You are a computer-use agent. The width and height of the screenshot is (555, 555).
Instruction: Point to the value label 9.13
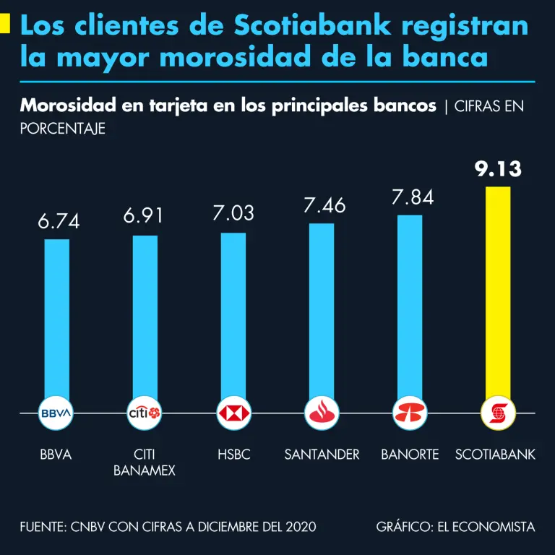pos(498,169)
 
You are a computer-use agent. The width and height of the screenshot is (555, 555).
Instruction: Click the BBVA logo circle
pos(56,413)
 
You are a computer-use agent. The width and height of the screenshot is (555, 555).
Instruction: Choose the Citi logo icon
pos(145,413)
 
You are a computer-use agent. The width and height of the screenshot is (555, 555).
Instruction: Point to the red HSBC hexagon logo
pos(233,413)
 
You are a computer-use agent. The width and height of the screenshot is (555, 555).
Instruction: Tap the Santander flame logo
pos(322,413)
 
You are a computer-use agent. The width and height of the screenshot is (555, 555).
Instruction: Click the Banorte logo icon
pos(410,413)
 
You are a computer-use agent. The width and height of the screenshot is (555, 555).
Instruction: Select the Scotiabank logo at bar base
pos(498,413)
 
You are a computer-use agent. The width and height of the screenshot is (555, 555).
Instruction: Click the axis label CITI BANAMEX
pos(145,462)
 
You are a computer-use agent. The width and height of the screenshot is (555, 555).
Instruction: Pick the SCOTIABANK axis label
pos(496,455)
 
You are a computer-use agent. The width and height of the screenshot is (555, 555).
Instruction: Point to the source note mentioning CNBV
pos(168,527)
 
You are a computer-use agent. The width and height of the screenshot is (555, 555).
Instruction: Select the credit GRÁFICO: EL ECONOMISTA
pos(455,527)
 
